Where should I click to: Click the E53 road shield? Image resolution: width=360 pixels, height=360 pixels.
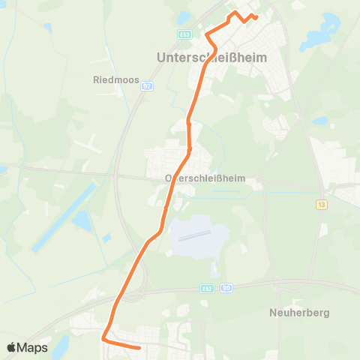point(184,35)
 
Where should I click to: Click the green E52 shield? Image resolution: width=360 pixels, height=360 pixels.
point(207,287)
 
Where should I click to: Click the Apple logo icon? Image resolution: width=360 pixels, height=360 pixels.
point(11,347)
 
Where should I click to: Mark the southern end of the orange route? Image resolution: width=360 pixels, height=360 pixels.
point(139,347)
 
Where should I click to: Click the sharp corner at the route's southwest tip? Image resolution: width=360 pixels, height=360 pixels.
point(103,339)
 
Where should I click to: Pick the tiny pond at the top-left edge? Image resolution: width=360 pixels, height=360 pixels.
point(47,28)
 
